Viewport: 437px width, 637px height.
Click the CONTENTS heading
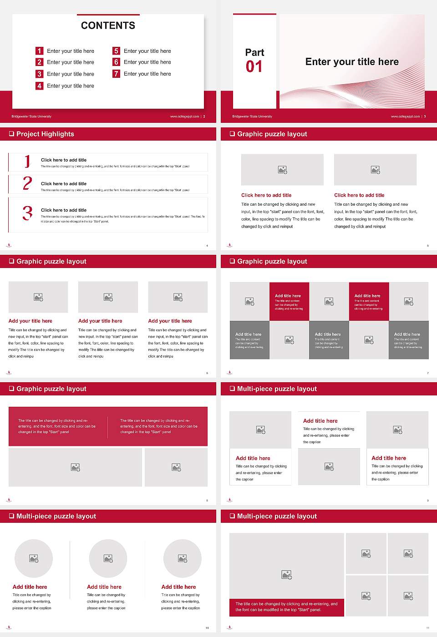(x=108, y=25)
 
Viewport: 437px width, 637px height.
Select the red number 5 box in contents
(x=117, y=51)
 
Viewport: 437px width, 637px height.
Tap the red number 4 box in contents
(x=40, y=86)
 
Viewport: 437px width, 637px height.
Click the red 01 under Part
(x=254, y=67)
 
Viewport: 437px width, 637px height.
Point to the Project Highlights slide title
(x=45, y=134)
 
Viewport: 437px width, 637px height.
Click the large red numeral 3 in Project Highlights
(x=28, y=213)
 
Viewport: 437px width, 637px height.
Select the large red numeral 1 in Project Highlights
(x=27, y=161)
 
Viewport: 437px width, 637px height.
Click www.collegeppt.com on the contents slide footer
(x=184, y=116)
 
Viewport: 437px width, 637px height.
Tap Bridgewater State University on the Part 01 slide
(x=252, y=116)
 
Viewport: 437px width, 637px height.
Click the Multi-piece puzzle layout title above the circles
(x=56, y=516)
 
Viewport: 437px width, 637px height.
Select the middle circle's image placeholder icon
(x=108, y=558)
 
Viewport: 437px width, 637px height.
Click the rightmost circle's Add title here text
(x=178, y=587)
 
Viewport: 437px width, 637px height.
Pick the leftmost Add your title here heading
(x=30, y=321)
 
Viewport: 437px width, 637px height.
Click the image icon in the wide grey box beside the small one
(x=76, y=467)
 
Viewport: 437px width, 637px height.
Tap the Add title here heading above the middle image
(x=320, y=421)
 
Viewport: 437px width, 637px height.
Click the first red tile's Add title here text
(x=288, y=296)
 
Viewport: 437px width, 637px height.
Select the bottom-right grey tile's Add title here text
(x=407, y=334)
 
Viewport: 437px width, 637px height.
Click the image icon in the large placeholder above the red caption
(x=286, y=575)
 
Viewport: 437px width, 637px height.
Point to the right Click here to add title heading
(x=359, y=195)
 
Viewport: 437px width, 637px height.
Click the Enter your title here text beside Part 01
(x=352, y=62)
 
